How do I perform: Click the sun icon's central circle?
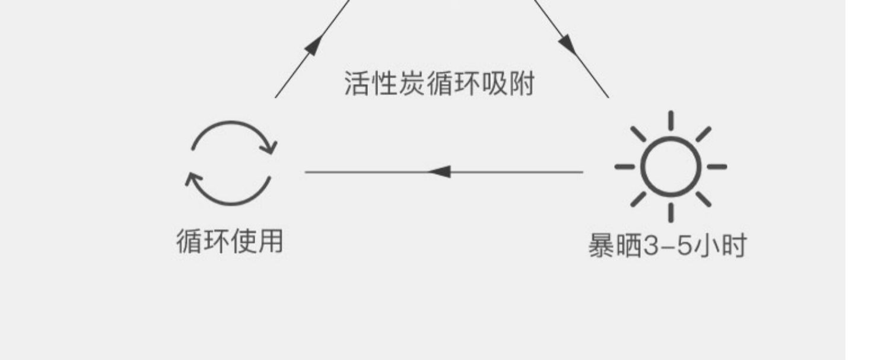coord(670,167)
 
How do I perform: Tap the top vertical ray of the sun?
coord(670,120)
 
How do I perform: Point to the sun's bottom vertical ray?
coord(670,212)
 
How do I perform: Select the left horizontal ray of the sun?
coord(624,167)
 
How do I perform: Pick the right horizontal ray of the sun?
coord(717,167)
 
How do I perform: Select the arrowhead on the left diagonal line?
coord(315,44)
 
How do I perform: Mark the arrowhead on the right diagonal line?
coord(567,43)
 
